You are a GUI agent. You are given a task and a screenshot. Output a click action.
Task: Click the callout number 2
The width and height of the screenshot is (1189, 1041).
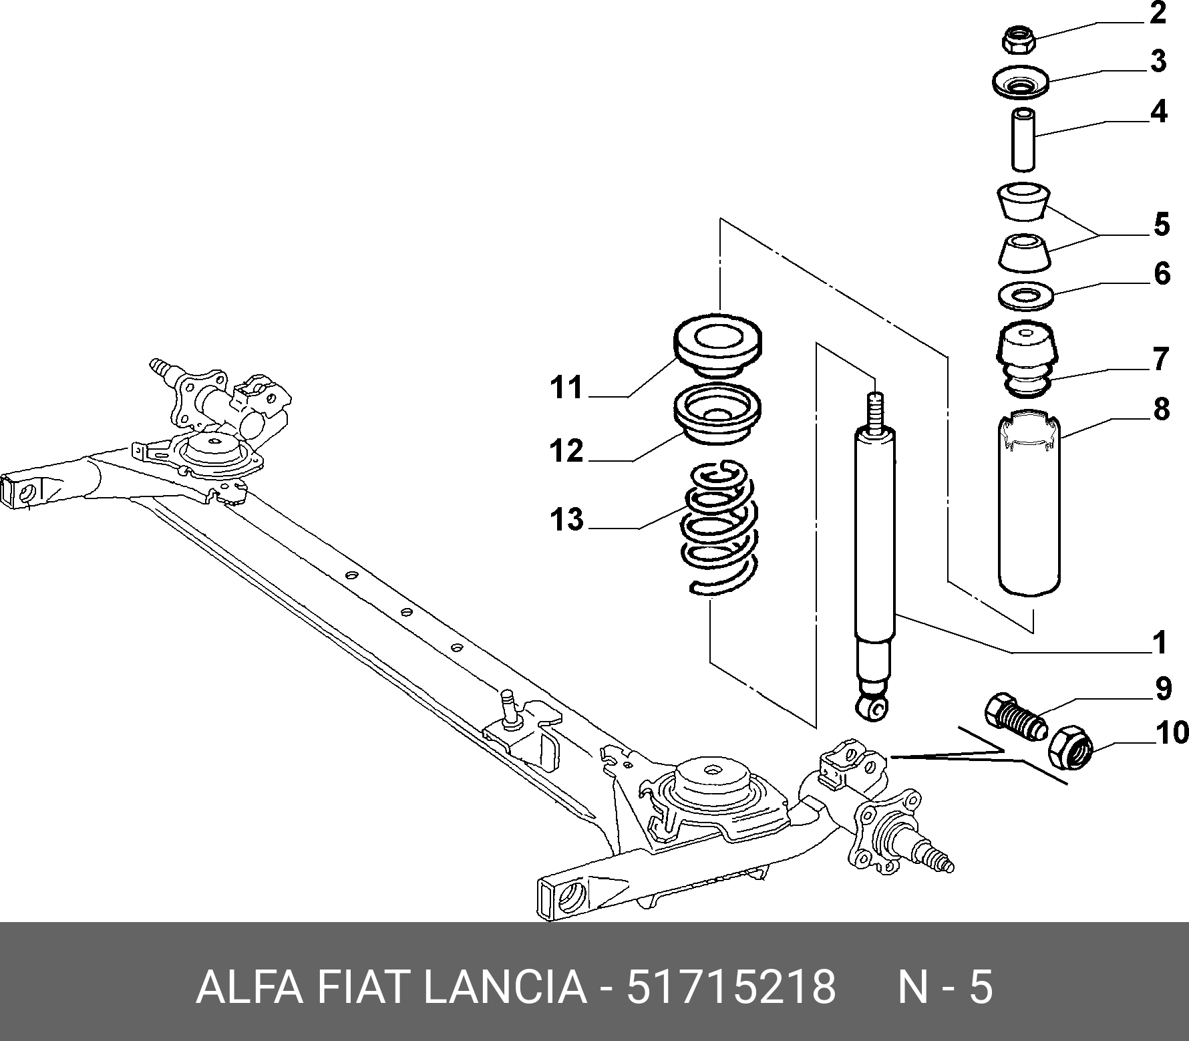(1157, 13)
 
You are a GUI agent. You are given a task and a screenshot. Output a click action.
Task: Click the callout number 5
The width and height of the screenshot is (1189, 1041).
(1162, 225)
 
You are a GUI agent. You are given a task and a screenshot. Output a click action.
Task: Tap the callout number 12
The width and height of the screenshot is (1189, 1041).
(566, 451)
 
